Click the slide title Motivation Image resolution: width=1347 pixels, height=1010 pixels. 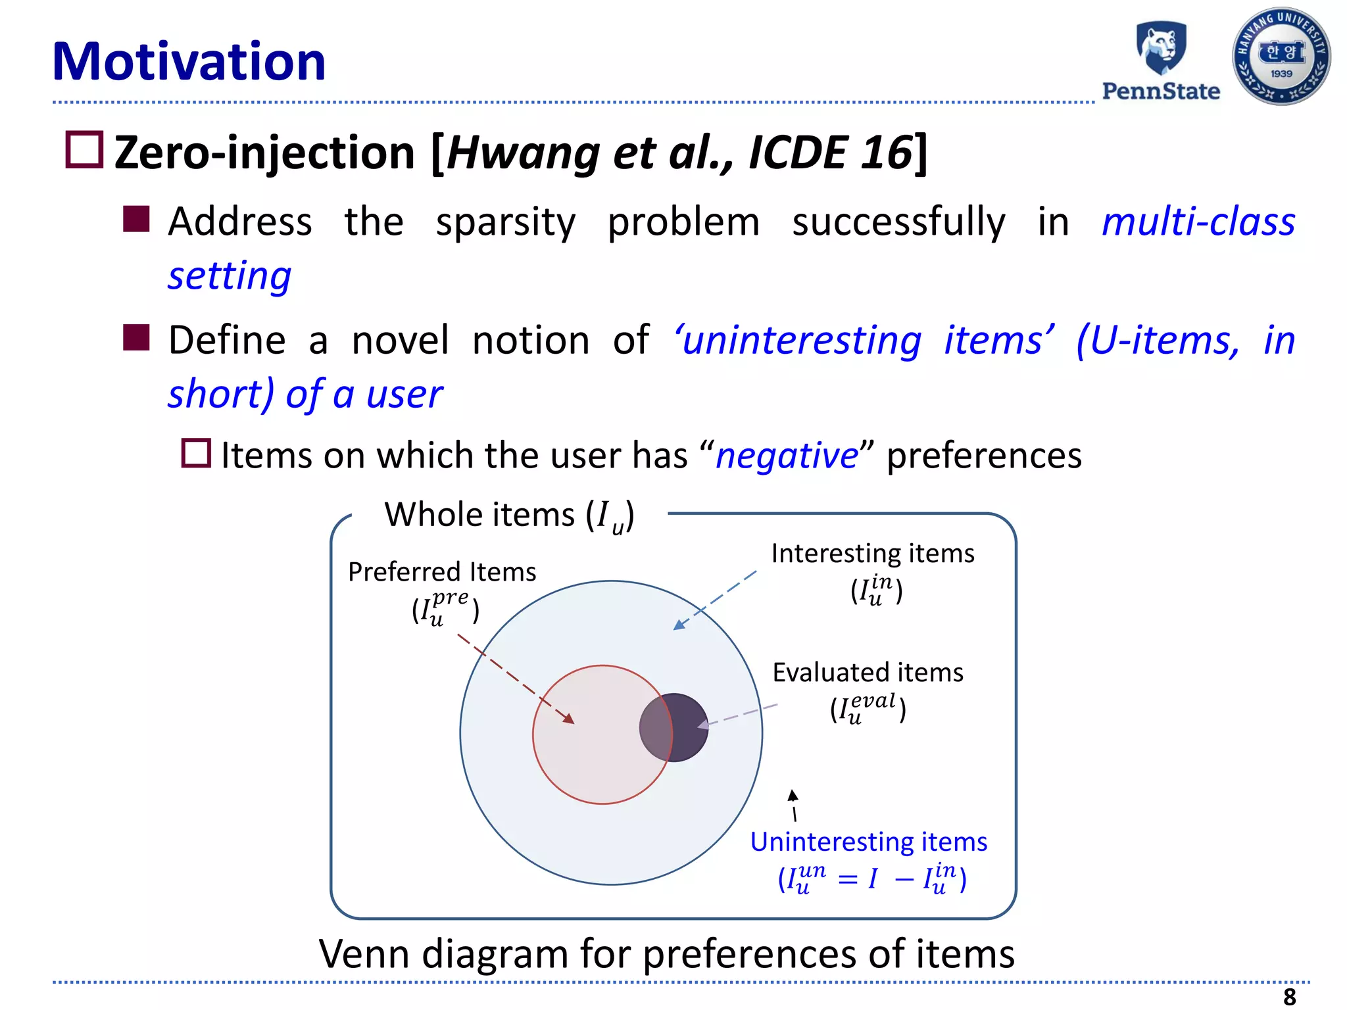[x=189, y=62]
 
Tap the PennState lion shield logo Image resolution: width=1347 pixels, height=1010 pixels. [x=1162, y=48]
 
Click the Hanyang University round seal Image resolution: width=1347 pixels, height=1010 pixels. [x=1281, y=57]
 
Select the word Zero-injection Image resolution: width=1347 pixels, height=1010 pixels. [x=264, y=153]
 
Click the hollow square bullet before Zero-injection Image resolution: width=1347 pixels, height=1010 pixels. [x=84, y=150]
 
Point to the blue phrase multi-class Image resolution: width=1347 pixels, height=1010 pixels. [x=1198, y=222]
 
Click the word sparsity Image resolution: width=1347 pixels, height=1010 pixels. [x=505, y=222]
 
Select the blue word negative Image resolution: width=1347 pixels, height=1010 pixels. [x=787, y=456]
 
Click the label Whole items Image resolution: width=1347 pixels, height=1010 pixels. [x=480, y=514]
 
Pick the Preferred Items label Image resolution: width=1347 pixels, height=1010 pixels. [x=442, y=572]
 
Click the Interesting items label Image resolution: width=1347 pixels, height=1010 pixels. [x=872, y=554]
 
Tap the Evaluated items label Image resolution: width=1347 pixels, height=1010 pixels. [x=868, y=673]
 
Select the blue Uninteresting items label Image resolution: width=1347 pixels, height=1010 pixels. [x=868, y=842]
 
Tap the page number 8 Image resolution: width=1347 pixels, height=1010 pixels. [x=1289, y=997]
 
